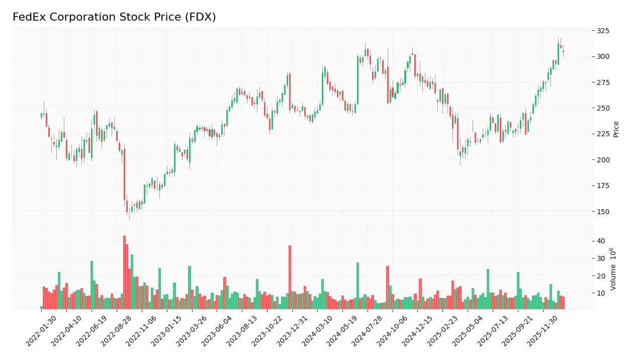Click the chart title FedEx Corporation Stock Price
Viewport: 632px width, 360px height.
(x=114, y=17)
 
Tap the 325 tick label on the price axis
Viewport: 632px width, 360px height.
(x=603, y=31)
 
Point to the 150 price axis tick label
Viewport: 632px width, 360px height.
(x=603, y=212)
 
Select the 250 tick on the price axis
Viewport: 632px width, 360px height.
(x=603, y=108)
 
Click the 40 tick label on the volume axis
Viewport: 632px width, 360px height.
(x=601, y=241)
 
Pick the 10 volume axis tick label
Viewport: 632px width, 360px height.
(x=601, y=293)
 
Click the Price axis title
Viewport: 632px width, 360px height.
(x=616, y=129)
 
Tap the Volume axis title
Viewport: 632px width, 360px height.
(x=613, y=269)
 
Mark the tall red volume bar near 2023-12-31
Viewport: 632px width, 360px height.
(x=290, y=277)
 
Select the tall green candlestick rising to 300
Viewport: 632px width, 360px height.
(x=357, y=80)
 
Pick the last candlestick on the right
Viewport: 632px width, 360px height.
(x=563, y=51)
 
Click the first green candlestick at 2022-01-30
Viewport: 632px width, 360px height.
(x=41, y=115)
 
